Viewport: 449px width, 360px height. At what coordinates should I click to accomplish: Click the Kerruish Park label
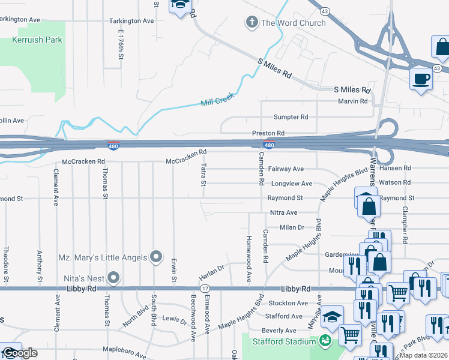click(37, 41)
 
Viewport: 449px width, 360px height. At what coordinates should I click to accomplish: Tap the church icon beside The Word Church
click(252, 23)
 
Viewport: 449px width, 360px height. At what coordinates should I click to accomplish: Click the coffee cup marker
click(421, 79)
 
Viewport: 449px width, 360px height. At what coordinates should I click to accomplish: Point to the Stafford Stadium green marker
click(326, 341)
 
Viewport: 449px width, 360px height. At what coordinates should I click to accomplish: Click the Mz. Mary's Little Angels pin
click(156, 257)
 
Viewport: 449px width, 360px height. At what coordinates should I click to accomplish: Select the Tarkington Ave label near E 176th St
click(131, 20)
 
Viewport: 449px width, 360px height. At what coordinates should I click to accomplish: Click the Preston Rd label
click(268, 133)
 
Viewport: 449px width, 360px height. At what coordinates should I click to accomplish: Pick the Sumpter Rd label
click(291, 117)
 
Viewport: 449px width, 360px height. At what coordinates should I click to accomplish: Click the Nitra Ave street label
click(283, 212)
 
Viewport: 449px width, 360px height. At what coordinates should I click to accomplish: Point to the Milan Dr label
click(292, 227)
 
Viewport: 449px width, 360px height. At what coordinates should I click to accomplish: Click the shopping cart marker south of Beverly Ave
click(350, 335)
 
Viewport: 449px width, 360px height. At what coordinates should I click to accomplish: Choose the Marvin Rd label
click(352, 101)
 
